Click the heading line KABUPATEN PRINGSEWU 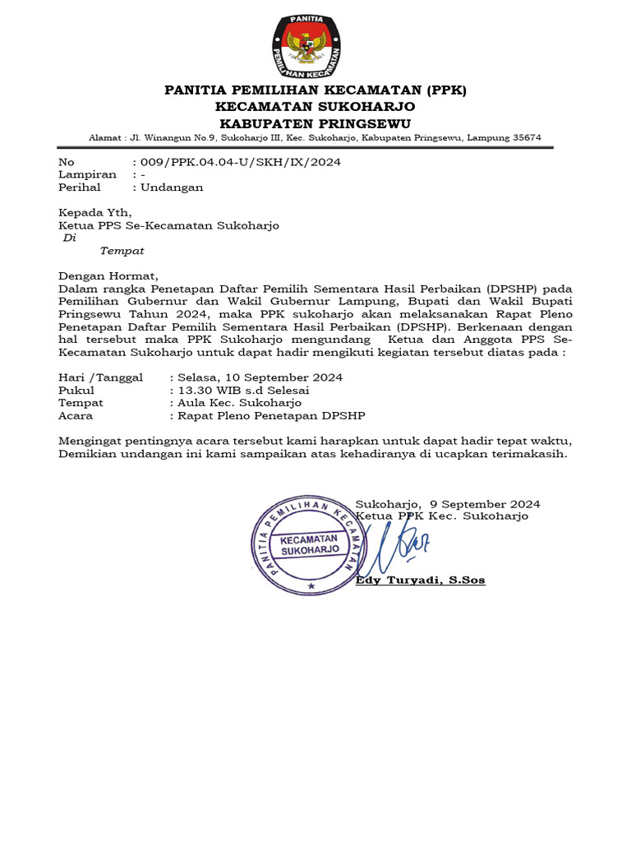pyautogui.click(x=315, y=122)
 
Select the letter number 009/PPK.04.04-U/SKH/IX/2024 pyautogui.click(x=241, y=162)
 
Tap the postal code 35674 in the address pyautogui.click(x=525, y=137)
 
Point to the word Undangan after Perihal pyautogui.click(x=173, y=187)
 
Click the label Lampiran pyautogui.click(x=87, y=174)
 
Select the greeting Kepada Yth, pyautogui.click(x=94, y=212)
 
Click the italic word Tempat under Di pyautogui.click(x=122, y=251)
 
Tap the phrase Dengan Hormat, pyautogui.click(x=107, y=276)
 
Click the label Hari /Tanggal pyautogui.click(x=100, y=377)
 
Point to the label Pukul pyautogui.click(x=76, y=391)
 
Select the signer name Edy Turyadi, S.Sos pyautogui.click(x=420, y=581)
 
